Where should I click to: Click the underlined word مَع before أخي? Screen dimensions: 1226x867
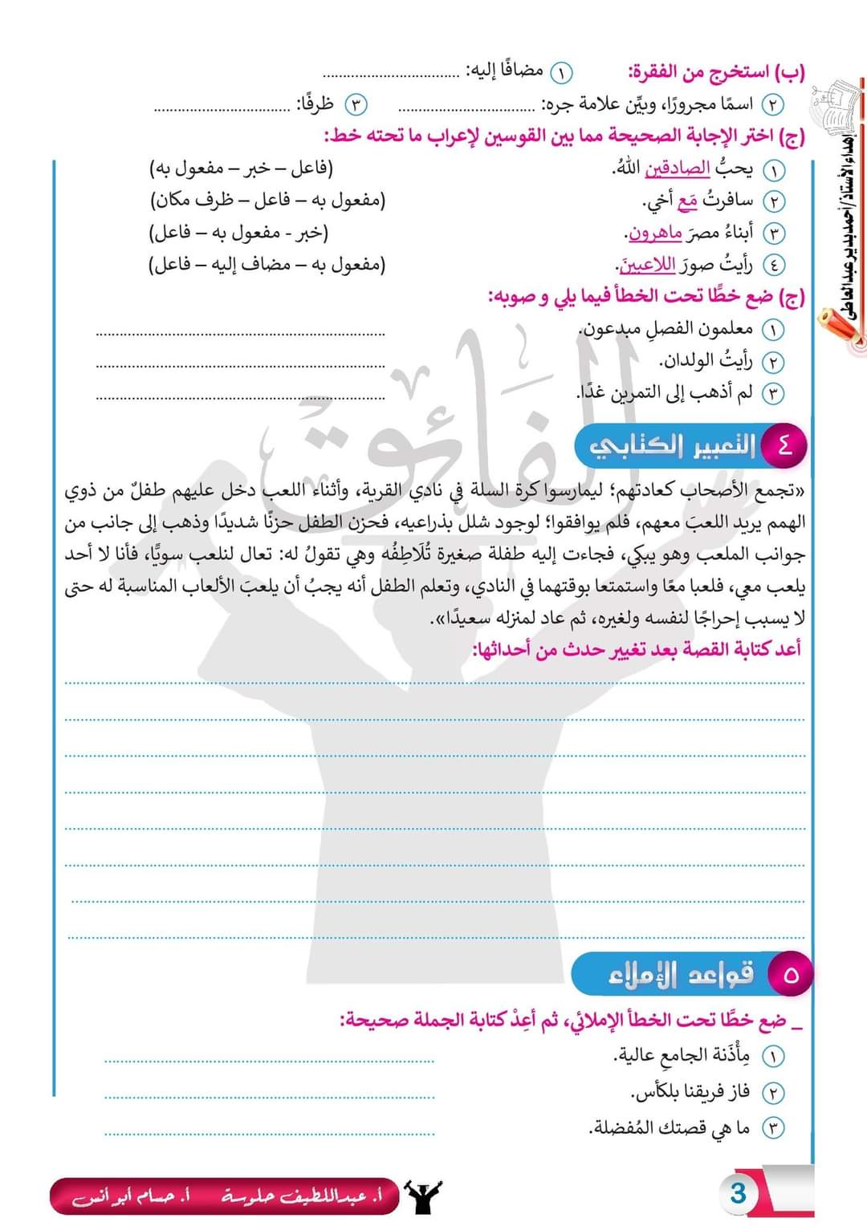687,201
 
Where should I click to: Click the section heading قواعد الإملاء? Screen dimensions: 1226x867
681,974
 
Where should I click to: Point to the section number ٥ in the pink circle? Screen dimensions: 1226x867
791,974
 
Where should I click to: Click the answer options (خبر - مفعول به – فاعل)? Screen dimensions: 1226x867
239,233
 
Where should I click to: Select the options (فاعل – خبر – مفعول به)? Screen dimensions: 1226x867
241,168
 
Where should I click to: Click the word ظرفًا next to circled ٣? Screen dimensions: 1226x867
315,104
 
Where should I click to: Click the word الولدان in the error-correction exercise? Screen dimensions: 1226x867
689,361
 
